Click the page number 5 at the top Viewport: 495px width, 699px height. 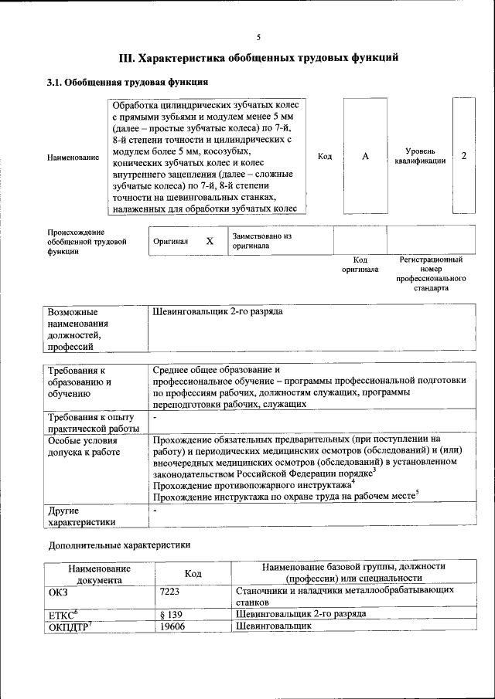point(258,36)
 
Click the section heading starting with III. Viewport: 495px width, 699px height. point(258,57)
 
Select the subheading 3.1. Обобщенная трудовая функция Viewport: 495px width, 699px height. point(127,82)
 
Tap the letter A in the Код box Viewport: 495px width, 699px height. point(365,156)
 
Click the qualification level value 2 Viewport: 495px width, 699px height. point(463,156)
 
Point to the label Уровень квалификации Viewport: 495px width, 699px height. point(419,156)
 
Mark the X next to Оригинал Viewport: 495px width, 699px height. point(209,240)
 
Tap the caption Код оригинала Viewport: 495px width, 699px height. point(360,265)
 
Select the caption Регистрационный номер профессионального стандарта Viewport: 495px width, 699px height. point(431,273)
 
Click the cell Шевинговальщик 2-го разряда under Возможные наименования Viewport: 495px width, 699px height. point(218,311)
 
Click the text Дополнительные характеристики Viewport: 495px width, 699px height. point(119,545)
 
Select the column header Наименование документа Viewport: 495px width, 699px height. point(99,573)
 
